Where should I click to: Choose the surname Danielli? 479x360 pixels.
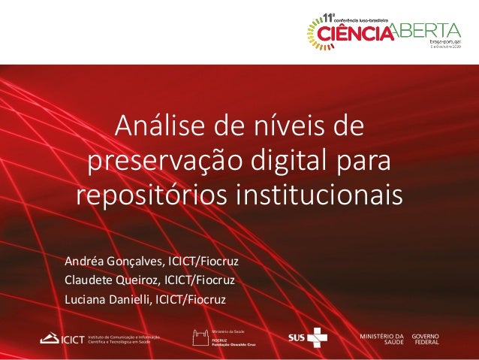pyautogui.click(x=132, y=300)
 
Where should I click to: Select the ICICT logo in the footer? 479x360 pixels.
pyautogui.click(x=63, y=338)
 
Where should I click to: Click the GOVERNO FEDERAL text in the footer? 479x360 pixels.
pyautogui.click(x=426, y=337)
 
